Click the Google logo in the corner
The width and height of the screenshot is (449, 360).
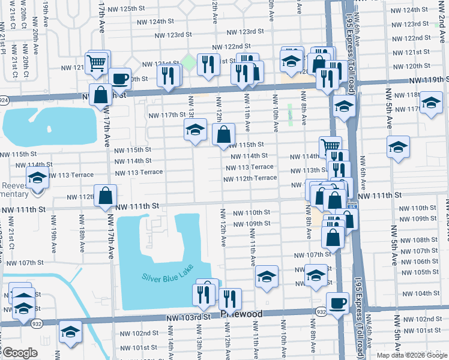(x=20, y=353)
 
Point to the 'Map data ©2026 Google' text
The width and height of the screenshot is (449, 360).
(x=412, y=355)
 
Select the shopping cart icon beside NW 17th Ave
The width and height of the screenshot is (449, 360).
(x=97, y=62)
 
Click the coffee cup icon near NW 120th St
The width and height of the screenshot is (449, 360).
(x=119, y=78)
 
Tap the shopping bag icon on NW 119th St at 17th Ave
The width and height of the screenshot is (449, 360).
(x=100, y=94)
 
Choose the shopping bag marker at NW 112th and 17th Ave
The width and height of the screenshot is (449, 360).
(x=105, y=196)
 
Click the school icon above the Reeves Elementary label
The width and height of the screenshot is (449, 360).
(x=37, y=178)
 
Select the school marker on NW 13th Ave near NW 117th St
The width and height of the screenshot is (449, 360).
(x=195, y=130)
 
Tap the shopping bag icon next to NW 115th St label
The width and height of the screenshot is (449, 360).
(x=223, y=135)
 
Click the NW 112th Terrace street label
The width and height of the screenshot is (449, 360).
(x=250, y=178)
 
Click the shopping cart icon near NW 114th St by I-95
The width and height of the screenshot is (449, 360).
(x=330, y=146)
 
